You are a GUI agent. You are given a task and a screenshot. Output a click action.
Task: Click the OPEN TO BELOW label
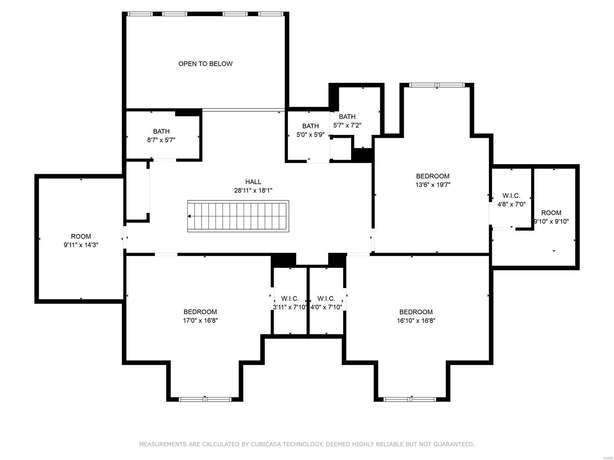click(205, 64)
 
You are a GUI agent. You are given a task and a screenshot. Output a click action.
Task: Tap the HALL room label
click(253, 182)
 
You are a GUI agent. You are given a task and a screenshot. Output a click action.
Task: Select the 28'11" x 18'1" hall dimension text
click(253, 190)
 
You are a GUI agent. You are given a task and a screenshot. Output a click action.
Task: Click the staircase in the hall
click(238, 216)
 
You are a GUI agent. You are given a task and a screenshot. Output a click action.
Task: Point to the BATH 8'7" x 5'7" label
click(161, 136)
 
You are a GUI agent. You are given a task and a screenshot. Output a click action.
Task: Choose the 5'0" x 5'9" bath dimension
click(310, 135)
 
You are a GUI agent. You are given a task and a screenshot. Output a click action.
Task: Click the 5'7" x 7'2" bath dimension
click(347, 125)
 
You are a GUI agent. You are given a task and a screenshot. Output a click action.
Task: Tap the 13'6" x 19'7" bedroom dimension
click(432, 185)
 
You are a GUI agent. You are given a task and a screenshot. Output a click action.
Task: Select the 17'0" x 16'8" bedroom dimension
click(200, 320)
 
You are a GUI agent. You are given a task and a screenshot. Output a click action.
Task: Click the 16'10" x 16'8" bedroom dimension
click(416, 320)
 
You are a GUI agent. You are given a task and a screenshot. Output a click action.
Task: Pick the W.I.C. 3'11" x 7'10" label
click(290, 303)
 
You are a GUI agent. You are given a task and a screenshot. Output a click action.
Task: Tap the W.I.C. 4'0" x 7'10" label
click(326, 303)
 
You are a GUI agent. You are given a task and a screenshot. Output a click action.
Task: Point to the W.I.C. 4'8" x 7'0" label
click(511, 200)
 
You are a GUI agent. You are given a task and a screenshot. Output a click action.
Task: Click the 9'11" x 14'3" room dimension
click(81, 245)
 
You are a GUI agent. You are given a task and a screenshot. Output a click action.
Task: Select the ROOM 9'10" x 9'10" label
click(551, 217)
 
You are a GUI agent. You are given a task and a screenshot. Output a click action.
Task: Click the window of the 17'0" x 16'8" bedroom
click(205, 399)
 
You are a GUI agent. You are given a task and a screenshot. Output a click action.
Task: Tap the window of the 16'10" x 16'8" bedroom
click(410, 399)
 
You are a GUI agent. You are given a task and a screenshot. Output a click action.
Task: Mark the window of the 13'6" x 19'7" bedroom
click(437, 85)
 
